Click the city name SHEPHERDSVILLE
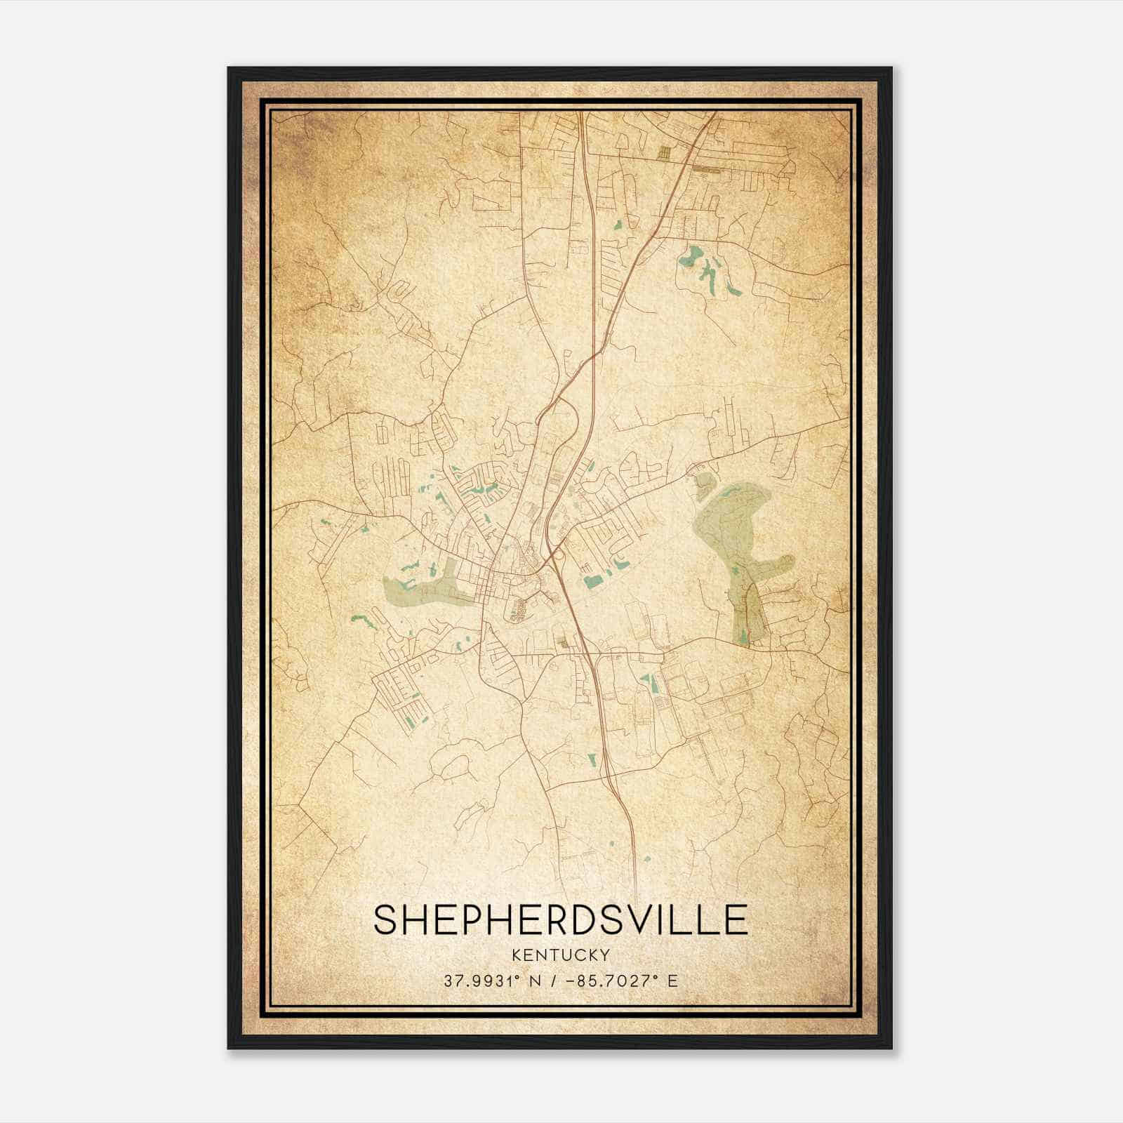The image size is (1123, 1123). pyautogui.click(x=560, y=919)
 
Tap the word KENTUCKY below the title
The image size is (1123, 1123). pyautogui.click(x=560, y=955)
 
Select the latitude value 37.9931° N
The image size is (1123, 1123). pyautogui.click(x=484, y=981)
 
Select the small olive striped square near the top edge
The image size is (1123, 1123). pyautogui.click(x=664, y=149)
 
